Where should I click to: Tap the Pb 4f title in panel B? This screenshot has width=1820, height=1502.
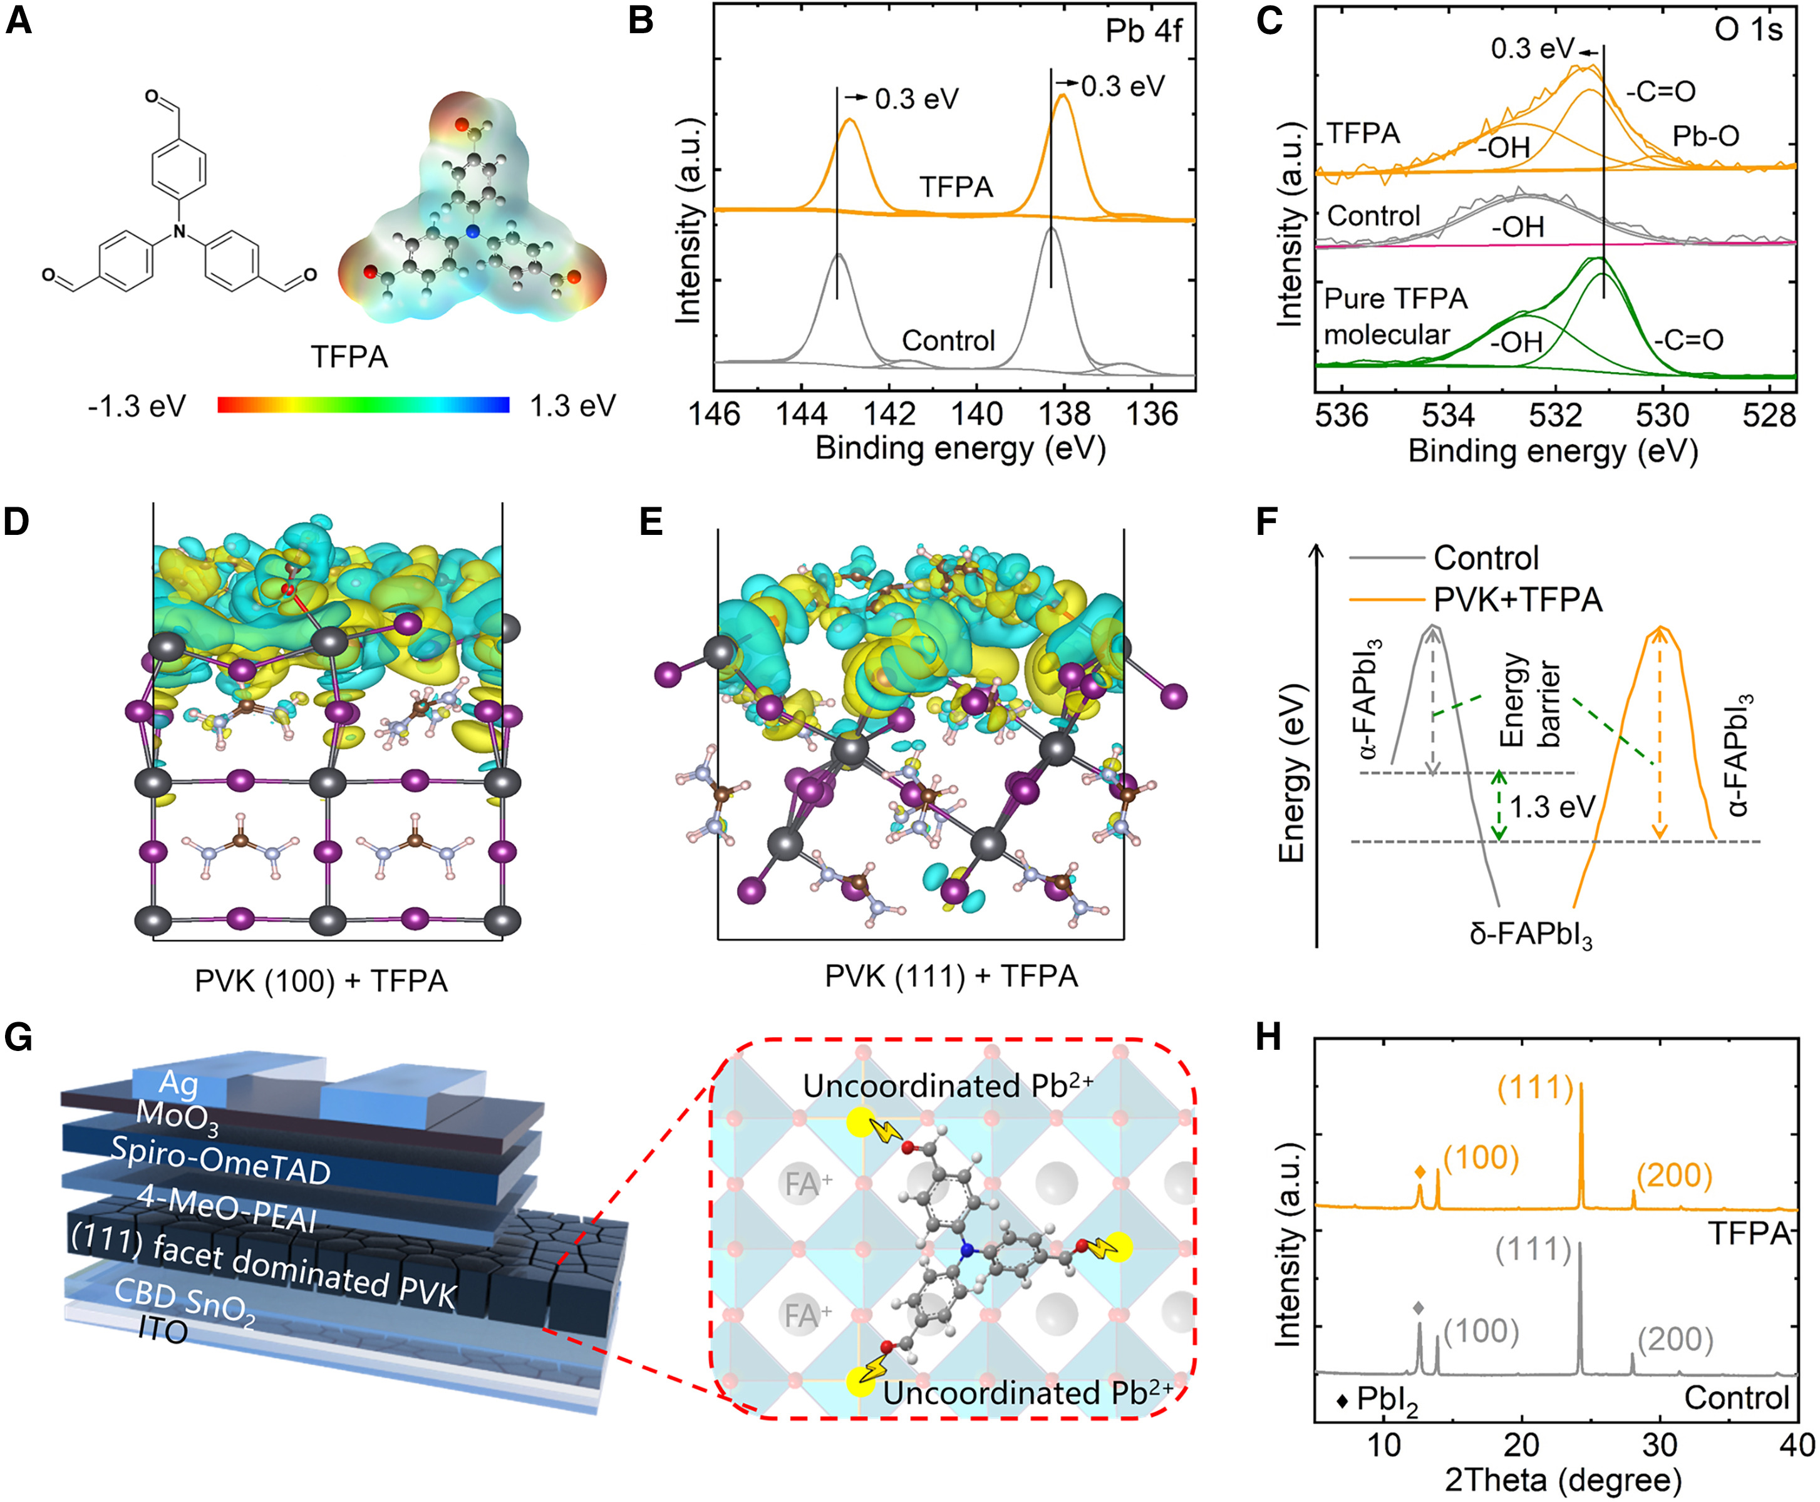coord(1143,31)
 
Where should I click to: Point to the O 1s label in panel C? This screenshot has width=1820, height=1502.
coord(1748,29)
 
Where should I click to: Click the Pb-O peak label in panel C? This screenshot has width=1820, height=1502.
coord(1705,136)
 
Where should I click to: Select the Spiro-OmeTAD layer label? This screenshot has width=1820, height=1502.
coord(220,1160)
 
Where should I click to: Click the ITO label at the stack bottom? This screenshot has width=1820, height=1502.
coord(163,1330)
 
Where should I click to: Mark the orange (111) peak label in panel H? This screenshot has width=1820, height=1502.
coord(1536,1087)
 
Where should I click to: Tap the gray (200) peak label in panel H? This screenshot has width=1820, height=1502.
coord(1675,1339)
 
